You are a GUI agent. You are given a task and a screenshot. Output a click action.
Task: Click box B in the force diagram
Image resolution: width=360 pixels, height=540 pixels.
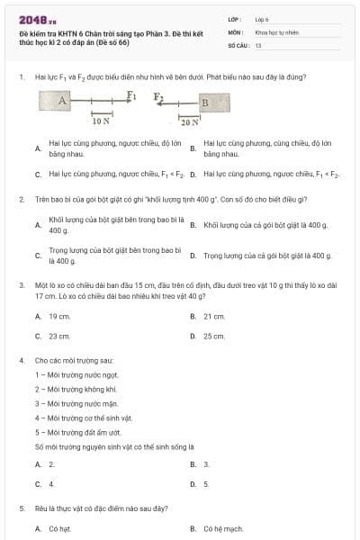203,102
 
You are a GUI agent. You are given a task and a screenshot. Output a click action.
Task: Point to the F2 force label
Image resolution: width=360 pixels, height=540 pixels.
158,94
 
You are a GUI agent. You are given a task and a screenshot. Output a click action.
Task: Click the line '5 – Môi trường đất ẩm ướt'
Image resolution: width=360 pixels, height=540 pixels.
77,432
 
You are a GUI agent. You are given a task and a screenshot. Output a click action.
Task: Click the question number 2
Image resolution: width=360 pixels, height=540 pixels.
21,198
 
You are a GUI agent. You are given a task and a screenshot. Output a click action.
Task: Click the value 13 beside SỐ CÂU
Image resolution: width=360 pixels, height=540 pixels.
258,44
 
